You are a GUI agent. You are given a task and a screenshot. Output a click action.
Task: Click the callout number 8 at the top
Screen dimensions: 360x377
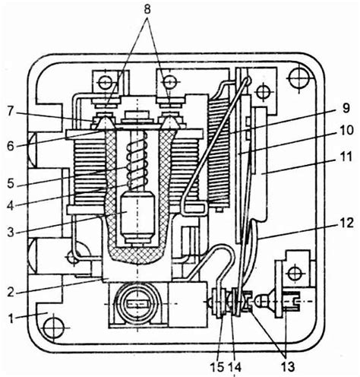(147, 10)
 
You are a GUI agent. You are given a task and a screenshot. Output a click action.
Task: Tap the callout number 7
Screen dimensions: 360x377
(10, 111)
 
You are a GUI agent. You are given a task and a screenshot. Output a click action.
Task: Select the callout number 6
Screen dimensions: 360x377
(11, 146)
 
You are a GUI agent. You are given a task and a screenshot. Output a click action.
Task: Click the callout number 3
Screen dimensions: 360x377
(11, 232)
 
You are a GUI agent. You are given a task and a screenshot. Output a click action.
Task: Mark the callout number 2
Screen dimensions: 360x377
(11, 292)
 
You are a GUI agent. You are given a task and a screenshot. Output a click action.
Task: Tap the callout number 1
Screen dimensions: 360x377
(11, 318)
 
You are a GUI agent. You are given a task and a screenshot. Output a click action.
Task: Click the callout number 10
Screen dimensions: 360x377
(346, 131)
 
